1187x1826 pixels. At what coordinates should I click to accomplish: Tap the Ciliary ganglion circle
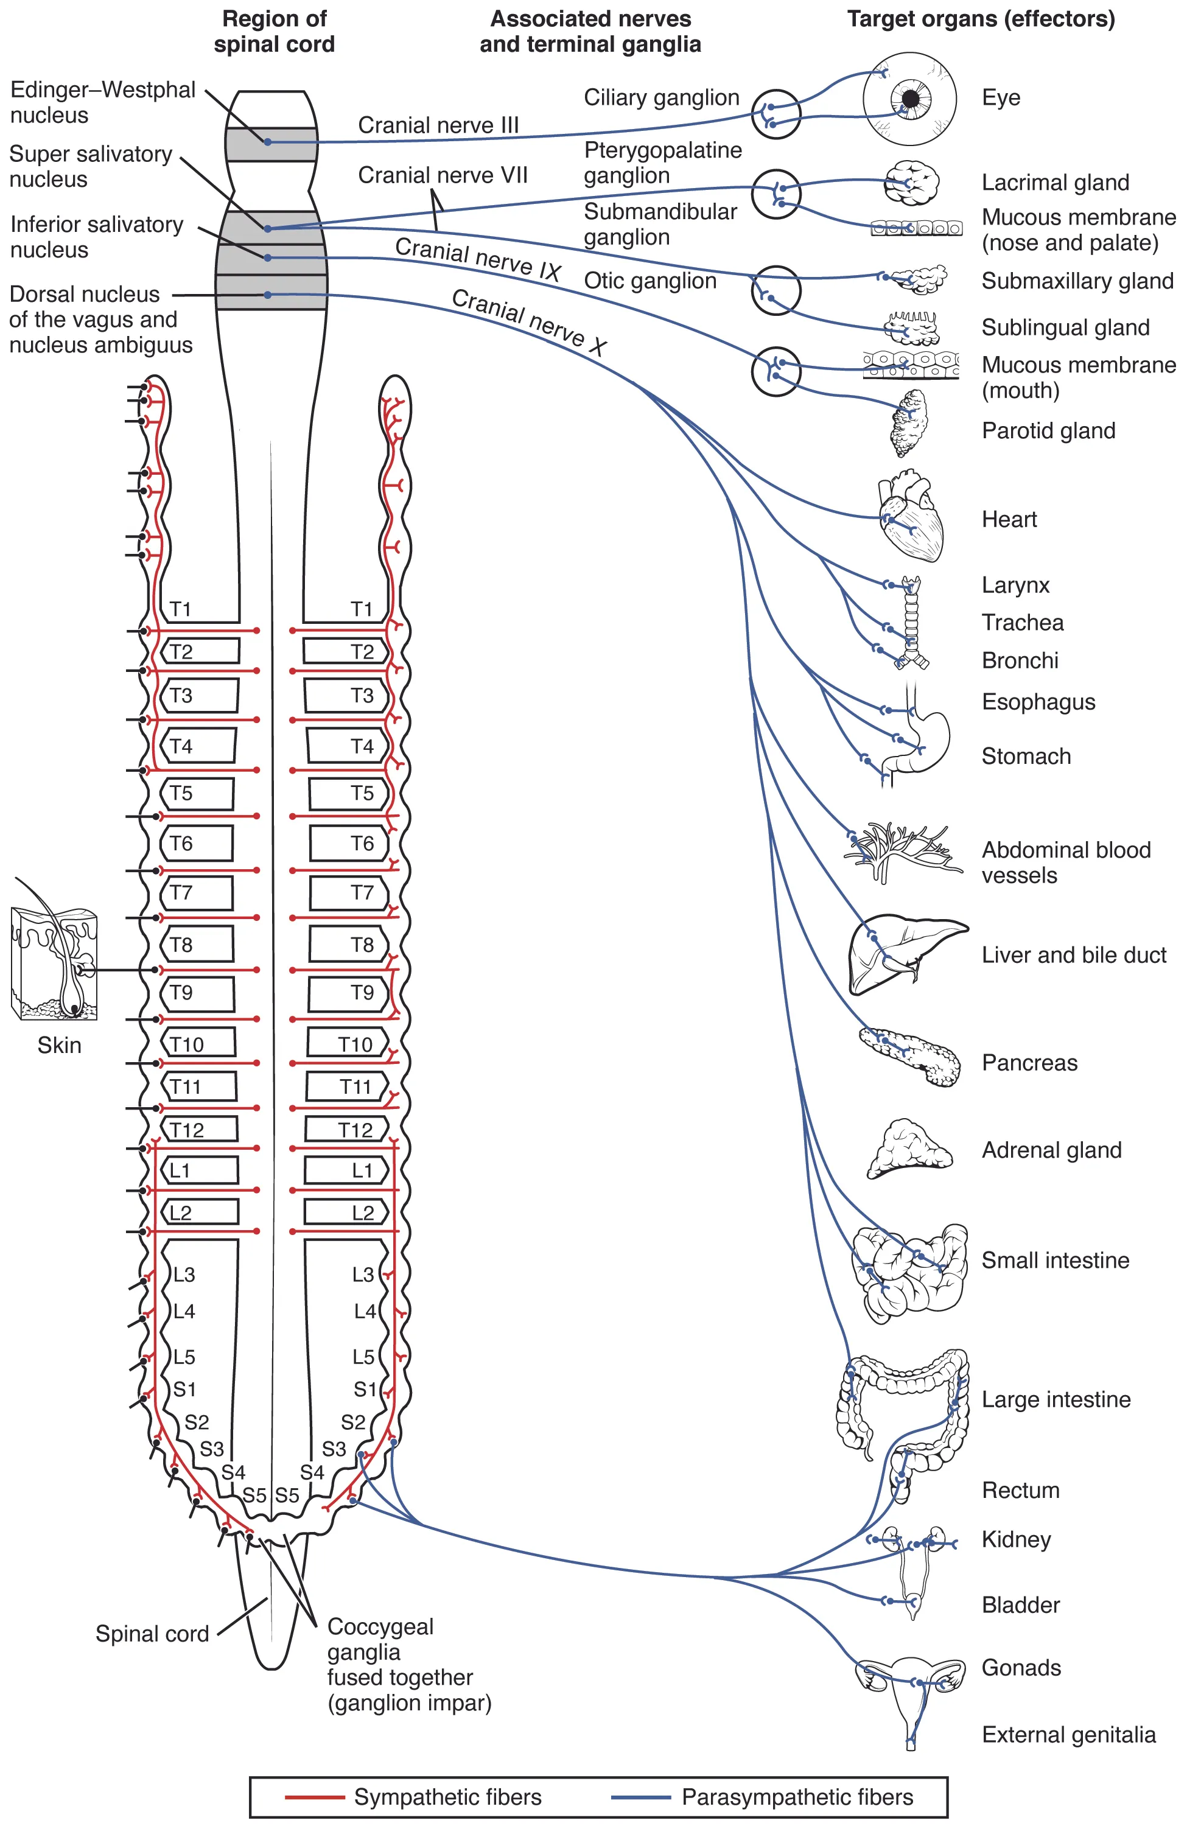coord(776,114)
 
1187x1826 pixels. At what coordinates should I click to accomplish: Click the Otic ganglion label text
coord(650,281)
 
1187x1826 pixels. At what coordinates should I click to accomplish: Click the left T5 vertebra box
coord(197,793)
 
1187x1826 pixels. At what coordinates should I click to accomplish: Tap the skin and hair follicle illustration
coord(54,963)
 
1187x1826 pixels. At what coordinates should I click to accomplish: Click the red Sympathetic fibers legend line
coord(314,1797)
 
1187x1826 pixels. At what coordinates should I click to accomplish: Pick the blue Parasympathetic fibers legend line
coord(641,1797)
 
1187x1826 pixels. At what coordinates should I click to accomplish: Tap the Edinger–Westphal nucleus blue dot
coord(268,142)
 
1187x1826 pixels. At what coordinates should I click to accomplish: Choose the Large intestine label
coord(1056,1399)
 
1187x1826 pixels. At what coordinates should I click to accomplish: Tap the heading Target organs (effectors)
coord(981,19)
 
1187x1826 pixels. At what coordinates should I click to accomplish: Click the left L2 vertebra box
coord(200,1212)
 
